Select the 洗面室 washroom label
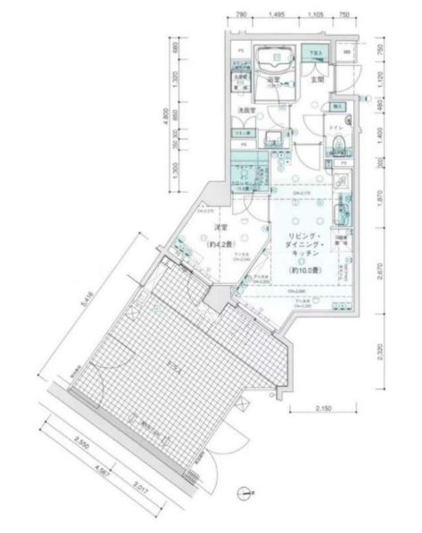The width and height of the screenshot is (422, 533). (x=247, y=110)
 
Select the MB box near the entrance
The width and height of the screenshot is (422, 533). (x=348, y=53)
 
